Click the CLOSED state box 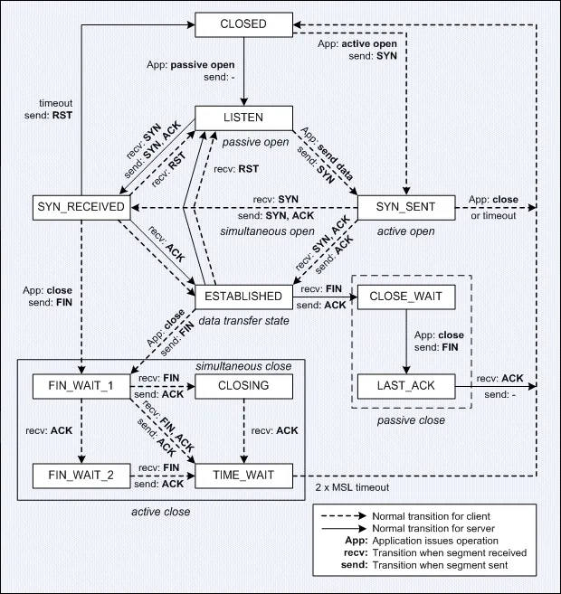pyautogui.click(x=243, y=24)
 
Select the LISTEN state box pyautogui.click(x=243, y=118)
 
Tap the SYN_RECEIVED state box pyautogui.click(x=81, y=208)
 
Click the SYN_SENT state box pyautogui.click(x=406, y=208)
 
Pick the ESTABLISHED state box pyautogui.click(x=243, y=297)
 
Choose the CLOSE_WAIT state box pyautogui.click(x=406, y=297)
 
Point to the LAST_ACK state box pyautogui.click(x=406, y=386)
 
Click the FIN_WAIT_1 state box pyautogui.click(x=81, y=386)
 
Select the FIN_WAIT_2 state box pyautogui.click(x=81, y=476)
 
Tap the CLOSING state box pyautogui.click(x=243, y=386)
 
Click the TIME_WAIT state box pyautogui.click(x=243, y=476)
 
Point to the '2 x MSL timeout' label pyautogui.click(x=352, y=487)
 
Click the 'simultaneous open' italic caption pyautogui.click(x=267, y=231)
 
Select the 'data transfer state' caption pyautogui.click(x=243, y=321)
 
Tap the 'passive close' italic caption pyautogui.click(x=411, y=420)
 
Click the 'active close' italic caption pyautogui.click(x=161, y=512)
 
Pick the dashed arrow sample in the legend pyautogui.click(x=344, y=516)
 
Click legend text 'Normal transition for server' pyautogui.click(x=433, y=529)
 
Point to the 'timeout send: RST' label pyautogui.click(x=48, y=109)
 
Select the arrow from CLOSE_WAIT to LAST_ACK pyautogui.click(x=406, y=342)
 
